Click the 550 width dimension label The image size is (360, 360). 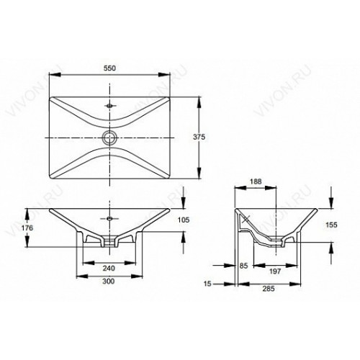[109, 68]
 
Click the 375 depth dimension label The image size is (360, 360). [199, 137]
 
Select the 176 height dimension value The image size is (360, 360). [27, 228]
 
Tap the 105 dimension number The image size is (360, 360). [184, 220]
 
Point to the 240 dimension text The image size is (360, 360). [109, 268]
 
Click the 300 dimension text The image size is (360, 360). [109, 282]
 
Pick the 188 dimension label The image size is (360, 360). [256, 181]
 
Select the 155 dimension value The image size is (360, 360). [331, 225]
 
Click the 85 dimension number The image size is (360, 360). [243, 266]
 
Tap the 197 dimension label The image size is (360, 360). [275, 271]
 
